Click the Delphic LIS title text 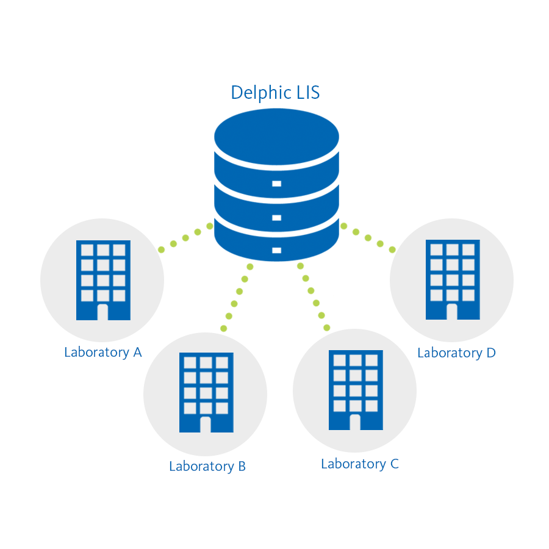pyautogui.click(x=275, y=93)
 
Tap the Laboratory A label pyautogui.click(x=103, y=352)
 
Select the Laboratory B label pyautogui.click(x=207, y=467)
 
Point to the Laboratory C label pyautogui.click(x=360, y=464)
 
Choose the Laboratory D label pyautogui.click(x=456, y=353)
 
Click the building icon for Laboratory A pyautogui.click(x=103, y=280)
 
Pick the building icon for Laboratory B pyautogui.click(x=206, y=392)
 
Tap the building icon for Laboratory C pyautogui.click(x=356, y=390)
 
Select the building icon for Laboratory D pyautogui.click(x=453, y=280)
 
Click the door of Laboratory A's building pyautogui.click(x=102, y=312)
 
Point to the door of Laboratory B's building pyautogui.click(x=206, y=425)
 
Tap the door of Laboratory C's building pyautogui.click(x=355, y=422)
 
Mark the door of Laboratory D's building pyautogui.click(x=452, y=312)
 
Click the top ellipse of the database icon pyautogui.click(x=276, y=137)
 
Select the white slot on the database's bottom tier pyautogui.click(x=276, y=250)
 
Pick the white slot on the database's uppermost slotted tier pyautogui.click(x=276, y=184)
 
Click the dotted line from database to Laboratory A pyautogui.click(x=185, y=238)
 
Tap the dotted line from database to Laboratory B pyautogui.click(x=237, y=298)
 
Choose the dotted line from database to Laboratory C pyautogui.click(x=314, y=297)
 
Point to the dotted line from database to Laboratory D pyautogui.click(x=368, y=238)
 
